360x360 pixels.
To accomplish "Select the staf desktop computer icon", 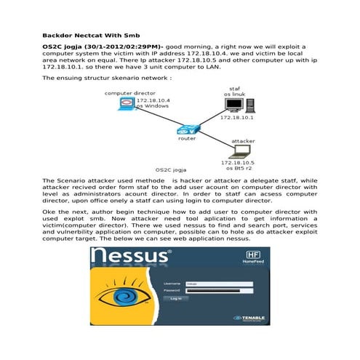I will coord(235,106).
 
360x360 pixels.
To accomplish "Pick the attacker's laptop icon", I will coord(236,151).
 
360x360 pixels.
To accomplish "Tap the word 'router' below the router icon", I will coord(187,137).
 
